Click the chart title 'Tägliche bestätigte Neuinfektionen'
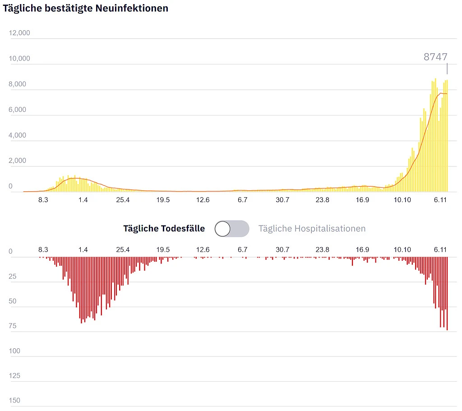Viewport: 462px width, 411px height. click(86, 8)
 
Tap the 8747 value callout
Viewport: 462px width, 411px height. click(435, 57)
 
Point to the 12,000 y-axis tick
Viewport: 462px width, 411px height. click(19, 33)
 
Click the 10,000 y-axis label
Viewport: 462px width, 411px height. click(19, 59)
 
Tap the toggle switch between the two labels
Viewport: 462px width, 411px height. click(231, 229)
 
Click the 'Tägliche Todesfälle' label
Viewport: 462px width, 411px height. click(164, 229)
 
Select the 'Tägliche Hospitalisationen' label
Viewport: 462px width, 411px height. click(312, 229)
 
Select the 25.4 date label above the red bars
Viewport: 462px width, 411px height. click(123, 249)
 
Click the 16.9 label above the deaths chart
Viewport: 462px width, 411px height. click(362, 249)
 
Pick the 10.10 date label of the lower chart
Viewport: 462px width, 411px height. click(402, 249)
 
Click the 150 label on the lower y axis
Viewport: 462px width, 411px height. click(15, 400)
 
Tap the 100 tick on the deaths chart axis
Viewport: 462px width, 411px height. click(15, 351)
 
